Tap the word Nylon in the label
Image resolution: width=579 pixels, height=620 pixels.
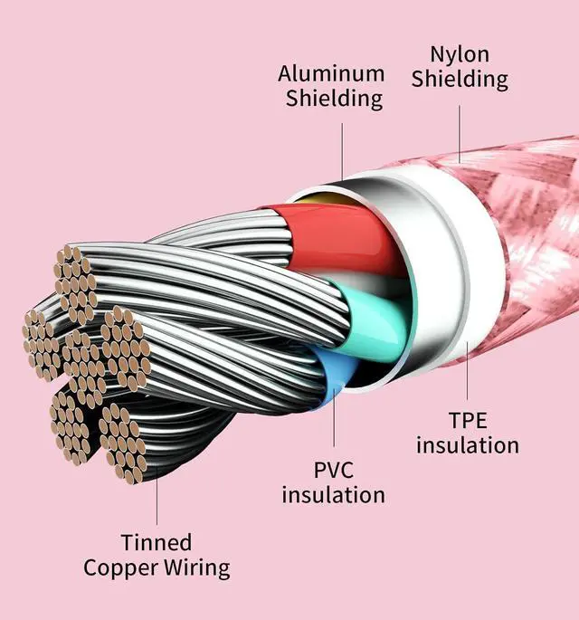tap(460, 53)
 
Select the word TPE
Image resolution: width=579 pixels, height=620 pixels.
tap(469, 420)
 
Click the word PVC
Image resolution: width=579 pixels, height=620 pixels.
tap(333, 470)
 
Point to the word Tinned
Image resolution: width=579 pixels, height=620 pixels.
tap(157, 542)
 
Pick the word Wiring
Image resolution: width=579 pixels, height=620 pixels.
tap(197, 569)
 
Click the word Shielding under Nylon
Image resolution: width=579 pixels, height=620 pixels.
tap(460, 79)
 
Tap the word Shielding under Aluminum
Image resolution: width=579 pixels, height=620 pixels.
tap(334, 99)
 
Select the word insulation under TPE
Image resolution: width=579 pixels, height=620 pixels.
tap(468, 445)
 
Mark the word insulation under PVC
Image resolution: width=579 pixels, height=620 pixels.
tap(333, 495)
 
